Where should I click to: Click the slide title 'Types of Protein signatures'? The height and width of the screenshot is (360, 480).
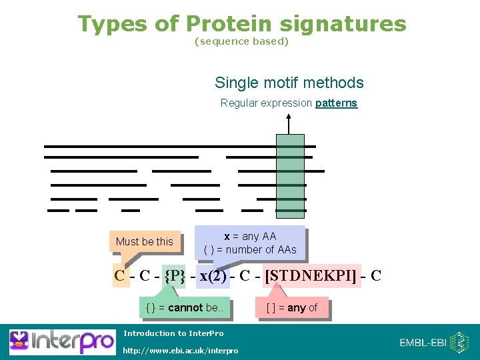point(241,24)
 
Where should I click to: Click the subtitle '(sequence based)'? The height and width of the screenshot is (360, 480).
point(241,41)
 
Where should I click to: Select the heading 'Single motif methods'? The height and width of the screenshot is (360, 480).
point(289,83)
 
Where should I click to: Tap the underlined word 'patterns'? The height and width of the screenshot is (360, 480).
point(336,103)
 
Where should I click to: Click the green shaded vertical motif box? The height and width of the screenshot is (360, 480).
point(290,173)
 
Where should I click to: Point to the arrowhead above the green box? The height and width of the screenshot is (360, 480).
point(289,118)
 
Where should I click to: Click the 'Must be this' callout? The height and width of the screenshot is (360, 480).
point(144,241)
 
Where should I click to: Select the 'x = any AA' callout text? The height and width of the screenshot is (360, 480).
point(250,236)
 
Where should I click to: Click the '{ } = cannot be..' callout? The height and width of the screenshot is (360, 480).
point(187,308)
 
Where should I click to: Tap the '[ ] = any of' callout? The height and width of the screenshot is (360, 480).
point(292,308)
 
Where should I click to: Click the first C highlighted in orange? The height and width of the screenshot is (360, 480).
point(120,275)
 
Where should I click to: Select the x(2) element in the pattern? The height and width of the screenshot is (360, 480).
point(213,275)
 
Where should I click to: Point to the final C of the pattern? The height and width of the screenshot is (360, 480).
point(375,275)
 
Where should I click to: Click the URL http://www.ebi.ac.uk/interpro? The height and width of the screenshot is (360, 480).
point(181,351)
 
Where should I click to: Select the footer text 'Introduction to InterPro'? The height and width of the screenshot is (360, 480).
point(173,333)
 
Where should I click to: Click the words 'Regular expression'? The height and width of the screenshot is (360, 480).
point(266,103)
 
